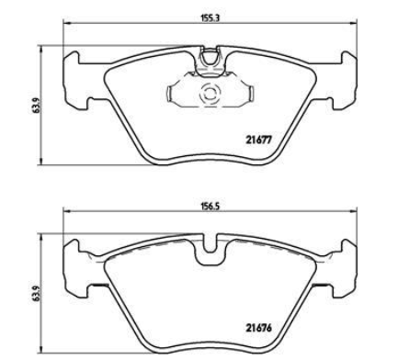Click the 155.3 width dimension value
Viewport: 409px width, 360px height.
pos(210,18)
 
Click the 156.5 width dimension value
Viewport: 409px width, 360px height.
pos(210,206)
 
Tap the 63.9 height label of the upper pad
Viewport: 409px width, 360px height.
pos(37,106)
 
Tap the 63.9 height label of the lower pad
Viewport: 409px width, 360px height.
pos(37,294)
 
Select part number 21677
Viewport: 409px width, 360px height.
pos(259,140)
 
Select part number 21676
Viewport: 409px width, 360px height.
pos(259,328)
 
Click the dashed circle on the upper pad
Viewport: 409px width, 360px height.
pos(210,94)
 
